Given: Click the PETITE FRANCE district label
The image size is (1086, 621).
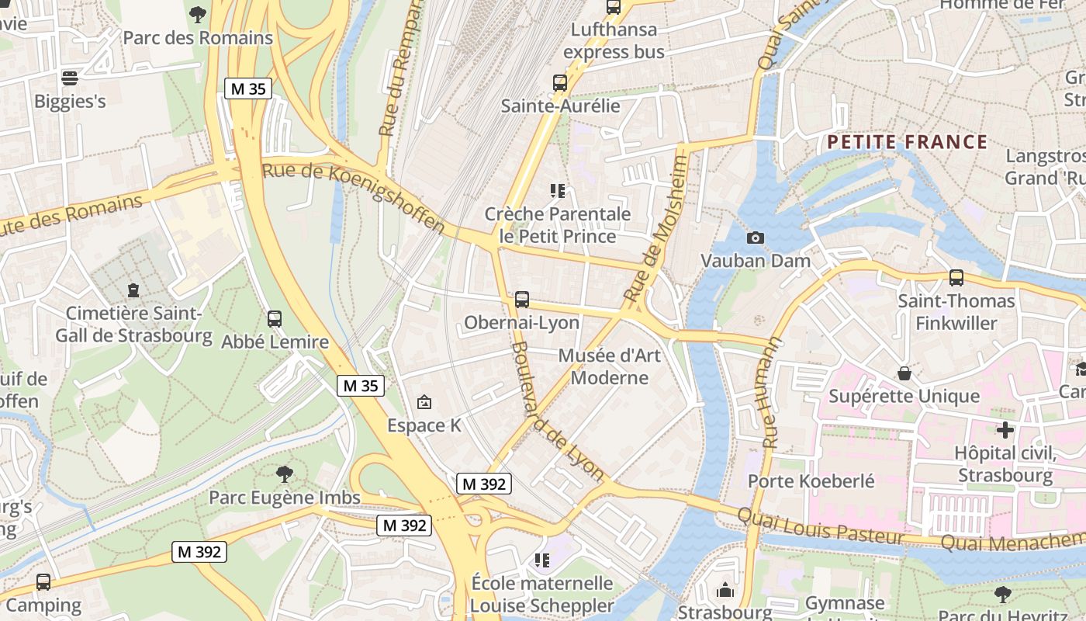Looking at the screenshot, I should click(x=907, y=142).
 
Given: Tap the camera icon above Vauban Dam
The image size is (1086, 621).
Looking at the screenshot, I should click(x=755, y=238).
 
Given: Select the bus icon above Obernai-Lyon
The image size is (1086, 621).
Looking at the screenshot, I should click(x=522, y=299).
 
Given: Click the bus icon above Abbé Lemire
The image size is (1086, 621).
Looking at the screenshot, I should click(x=274, y=318).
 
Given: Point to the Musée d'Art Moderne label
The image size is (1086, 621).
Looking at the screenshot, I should click(x=609, y=366).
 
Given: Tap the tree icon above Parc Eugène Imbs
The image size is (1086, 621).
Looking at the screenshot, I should click(x=285, y=474).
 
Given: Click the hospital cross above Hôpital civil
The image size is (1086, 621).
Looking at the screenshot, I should click(x=1005, y=429).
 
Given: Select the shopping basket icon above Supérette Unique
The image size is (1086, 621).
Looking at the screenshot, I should click(x=904, y=373).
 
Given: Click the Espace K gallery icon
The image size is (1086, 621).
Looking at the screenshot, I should click(x=424, y=402).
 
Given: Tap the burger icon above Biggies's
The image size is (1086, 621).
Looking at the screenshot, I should click(x=70, y=78).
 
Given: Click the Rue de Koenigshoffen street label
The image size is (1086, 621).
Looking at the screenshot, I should click(x=354, y=197).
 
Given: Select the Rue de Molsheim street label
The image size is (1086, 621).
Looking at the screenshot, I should click(x=656, y=230).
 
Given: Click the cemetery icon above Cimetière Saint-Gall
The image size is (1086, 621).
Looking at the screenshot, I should click(x=133, y=290).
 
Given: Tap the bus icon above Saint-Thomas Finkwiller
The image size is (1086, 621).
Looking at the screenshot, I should click(x=956, y=277).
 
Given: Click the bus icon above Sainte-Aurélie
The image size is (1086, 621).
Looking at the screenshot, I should click(x=560, y=82).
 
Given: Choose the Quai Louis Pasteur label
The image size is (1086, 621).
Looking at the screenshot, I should click(x=820, y=526).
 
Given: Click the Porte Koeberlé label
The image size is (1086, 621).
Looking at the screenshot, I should click(x=811, y=480).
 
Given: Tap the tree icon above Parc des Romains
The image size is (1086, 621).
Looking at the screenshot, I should click(x=198, y=13).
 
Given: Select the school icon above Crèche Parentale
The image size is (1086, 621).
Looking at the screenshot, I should click(x=556, y=190).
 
